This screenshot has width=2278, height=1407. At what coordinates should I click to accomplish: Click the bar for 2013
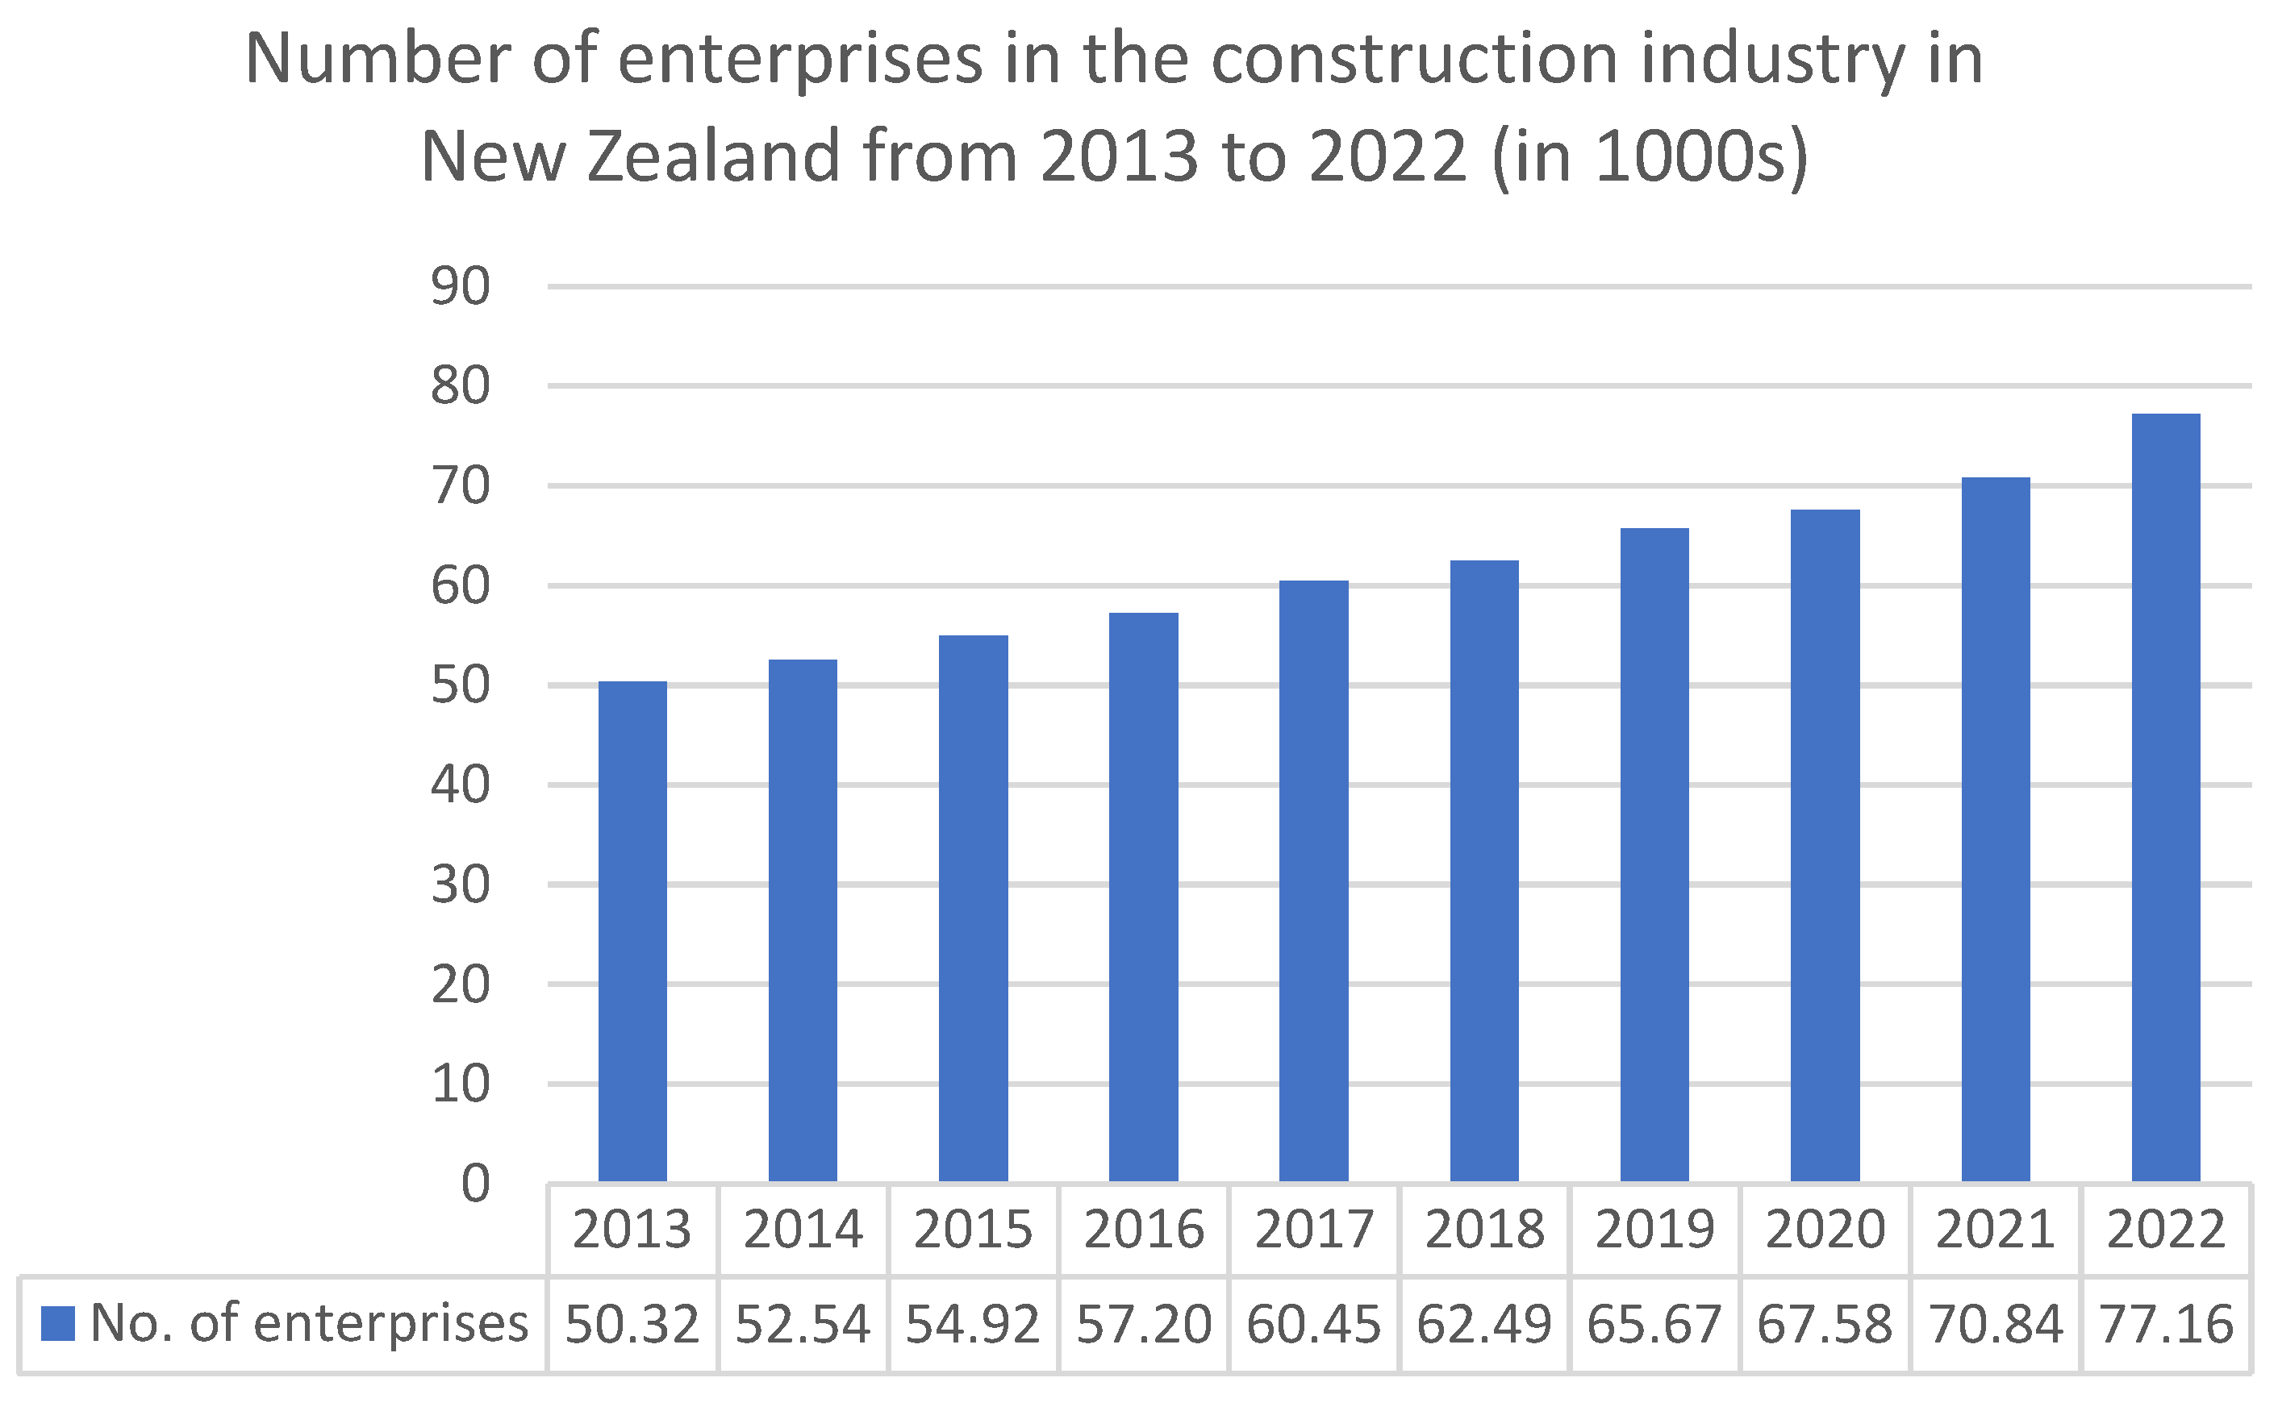[632, 930]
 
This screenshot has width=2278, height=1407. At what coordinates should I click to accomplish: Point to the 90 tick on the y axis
[460, 286]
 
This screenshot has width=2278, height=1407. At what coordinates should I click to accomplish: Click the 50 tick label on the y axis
[460, 686]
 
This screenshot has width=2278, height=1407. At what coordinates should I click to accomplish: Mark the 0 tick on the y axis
[475, 1184]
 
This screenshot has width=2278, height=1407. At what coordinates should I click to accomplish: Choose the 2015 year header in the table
[973, 1230]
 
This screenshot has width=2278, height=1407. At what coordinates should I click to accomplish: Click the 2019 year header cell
[1654, 1230]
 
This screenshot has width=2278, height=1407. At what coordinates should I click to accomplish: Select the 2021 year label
[1995, 1230]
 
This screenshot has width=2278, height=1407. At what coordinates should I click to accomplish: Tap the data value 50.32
[632, 1324]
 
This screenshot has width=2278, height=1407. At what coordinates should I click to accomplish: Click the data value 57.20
[1144, 1324]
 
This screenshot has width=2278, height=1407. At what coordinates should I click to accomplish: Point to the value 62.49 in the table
[1484, 1324]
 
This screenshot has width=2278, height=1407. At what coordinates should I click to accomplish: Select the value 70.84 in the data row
[1995, 1324]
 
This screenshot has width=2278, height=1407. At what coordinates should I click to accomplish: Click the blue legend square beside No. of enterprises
[58, 1324]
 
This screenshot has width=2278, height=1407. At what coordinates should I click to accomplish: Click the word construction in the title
[1415, 60]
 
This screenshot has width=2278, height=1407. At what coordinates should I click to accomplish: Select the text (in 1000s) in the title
[1650, 156]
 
